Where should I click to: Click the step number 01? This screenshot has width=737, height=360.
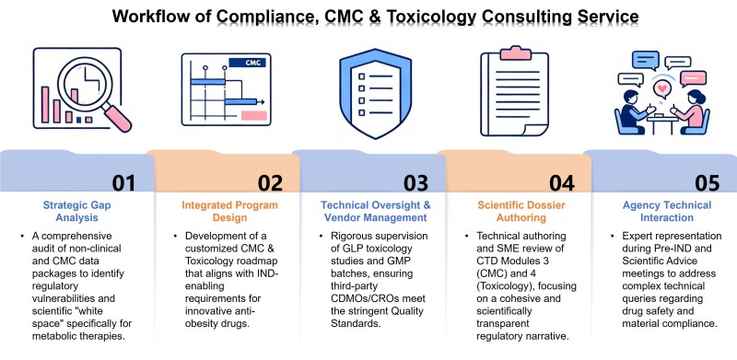pos(123,182)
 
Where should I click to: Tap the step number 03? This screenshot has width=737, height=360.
pos(415,182)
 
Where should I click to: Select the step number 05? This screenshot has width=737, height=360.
pos(707,182)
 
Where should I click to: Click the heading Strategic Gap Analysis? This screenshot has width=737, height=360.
pos(77,212)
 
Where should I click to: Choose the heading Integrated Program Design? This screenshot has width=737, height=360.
pos(229,212)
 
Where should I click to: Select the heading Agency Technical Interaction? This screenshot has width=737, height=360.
pos(667,212)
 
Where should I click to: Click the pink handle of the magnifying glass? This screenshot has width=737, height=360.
pos(118,119)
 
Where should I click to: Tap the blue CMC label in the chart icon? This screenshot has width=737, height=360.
pos(247,63)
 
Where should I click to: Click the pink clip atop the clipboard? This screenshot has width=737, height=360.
pos(515,52)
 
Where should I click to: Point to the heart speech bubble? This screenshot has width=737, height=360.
pos(661,89)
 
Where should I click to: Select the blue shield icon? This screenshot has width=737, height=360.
pos(376,94)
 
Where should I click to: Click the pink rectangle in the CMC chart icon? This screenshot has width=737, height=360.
pos(254,116)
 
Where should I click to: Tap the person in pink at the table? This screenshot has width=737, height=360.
pos(691,113)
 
